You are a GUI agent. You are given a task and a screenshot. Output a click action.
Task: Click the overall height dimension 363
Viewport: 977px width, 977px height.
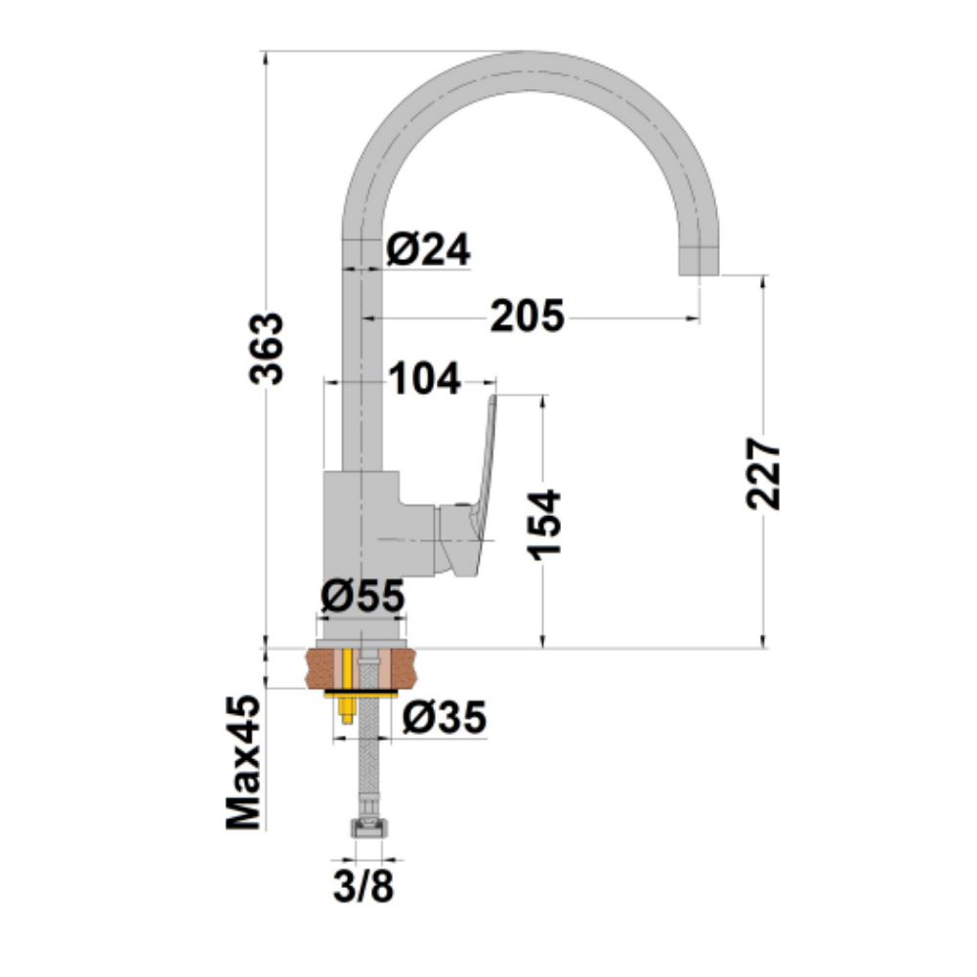[x=267, y=349]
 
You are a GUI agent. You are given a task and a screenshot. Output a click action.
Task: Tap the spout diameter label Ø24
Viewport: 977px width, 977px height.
[x=428, y=250]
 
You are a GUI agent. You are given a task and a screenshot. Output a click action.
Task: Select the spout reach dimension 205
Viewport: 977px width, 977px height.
[x=528, y=316]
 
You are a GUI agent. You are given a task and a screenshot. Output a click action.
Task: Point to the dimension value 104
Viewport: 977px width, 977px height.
[x=425, y=378]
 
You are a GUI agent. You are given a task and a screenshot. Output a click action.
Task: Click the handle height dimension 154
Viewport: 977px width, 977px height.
[x=544, y=526]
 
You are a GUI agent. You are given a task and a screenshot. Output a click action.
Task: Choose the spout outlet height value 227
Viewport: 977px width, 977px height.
[x=763, y=474]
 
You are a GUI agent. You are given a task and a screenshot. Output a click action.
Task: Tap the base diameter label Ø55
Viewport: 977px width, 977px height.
[x=362, y=596]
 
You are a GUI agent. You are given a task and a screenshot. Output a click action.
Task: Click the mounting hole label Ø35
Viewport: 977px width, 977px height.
[x=445, y=717]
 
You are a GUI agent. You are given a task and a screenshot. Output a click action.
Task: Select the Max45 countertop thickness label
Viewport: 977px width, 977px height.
[x=244, y=763]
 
